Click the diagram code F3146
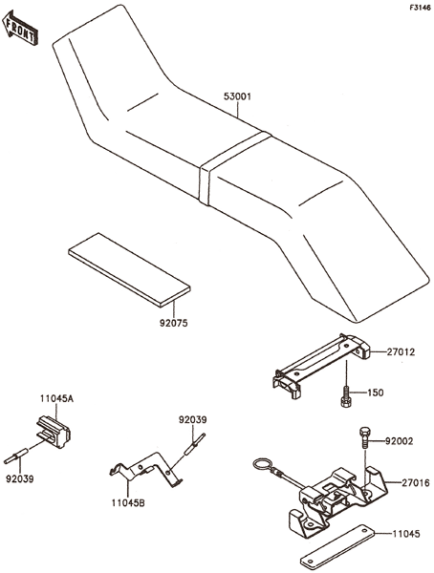(420, 8)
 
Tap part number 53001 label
(237, 96)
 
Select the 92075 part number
(173, 323)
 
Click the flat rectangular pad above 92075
(129, 269)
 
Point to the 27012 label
(401, 352)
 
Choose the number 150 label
(376, 393)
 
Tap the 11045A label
(56, 398)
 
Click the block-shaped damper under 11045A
(54, 432)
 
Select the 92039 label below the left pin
(20, 478)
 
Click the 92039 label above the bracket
(192, 419)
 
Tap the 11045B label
(128, 503)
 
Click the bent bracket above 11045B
(146, 470)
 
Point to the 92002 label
(399, 441)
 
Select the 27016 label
(416, 483)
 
